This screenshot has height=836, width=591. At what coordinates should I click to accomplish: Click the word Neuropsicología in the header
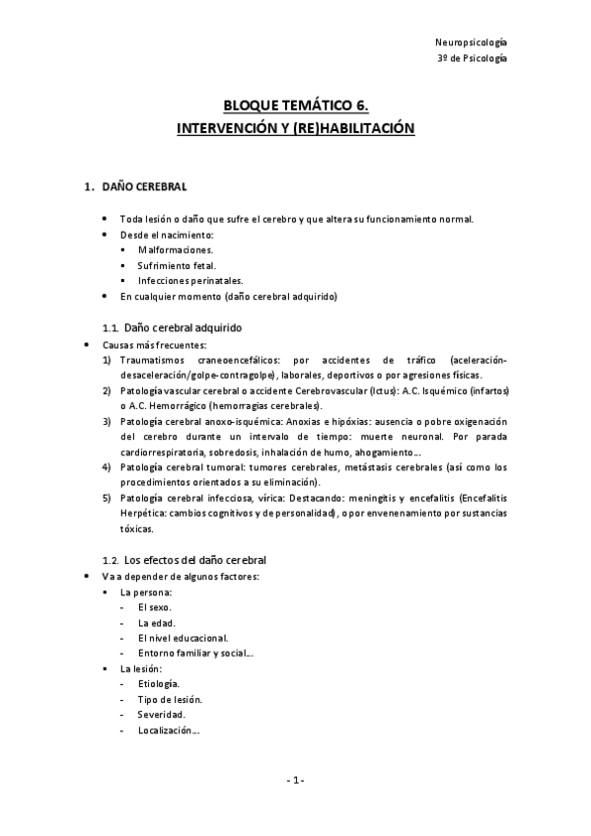[471, 42]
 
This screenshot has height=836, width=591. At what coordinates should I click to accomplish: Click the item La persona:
[145, 592]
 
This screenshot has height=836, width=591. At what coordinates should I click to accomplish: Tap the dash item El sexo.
[155, 607]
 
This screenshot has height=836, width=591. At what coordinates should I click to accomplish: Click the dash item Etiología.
[159, 683]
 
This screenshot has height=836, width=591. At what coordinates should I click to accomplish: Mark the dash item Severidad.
[161, 714]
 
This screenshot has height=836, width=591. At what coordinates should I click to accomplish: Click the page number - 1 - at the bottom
[295, 780]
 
